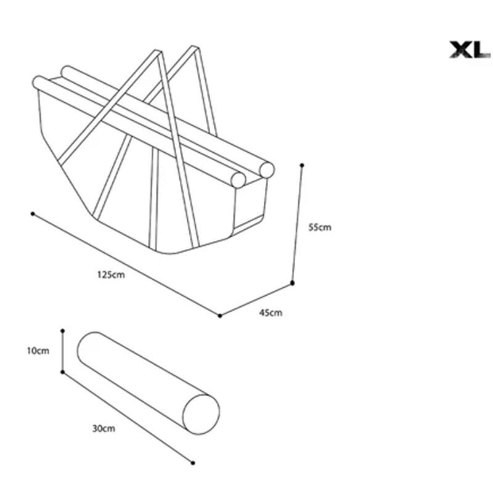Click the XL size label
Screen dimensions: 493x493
point(470,50)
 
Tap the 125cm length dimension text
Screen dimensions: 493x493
point(111,275)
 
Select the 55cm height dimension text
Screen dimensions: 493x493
point(320,227)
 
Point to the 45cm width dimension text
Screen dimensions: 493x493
point(271,312)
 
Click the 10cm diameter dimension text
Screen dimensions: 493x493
point(38,351)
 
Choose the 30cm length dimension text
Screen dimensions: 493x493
point(104,428)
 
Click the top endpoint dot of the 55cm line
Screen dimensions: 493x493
point(302,165)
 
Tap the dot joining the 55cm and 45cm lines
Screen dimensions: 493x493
point(292,283)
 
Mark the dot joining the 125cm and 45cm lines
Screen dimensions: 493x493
point(220,316)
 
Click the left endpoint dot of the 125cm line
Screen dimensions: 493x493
point(33,214)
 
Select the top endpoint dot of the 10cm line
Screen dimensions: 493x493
point(63,331)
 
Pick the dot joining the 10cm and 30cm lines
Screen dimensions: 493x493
point(63,372)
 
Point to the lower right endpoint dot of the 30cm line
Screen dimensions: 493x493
point(193,463)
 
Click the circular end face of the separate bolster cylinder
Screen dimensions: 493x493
point(202,414)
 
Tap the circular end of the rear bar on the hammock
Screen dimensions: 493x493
point(267,170)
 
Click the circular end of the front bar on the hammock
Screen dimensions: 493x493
point(238,180)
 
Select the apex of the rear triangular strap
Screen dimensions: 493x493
point(195,48)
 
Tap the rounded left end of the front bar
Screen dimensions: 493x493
point(38,83)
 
